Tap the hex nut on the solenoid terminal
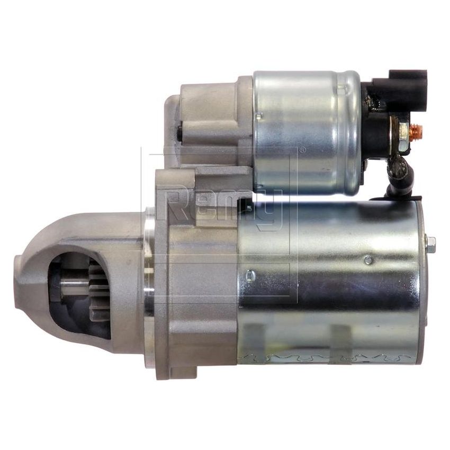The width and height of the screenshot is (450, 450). [x=404, y=130]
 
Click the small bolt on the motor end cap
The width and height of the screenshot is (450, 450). [x=430, y=244]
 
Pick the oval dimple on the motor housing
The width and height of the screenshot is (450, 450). [x=251, y=275]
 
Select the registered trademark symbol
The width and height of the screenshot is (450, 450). [x=302, y=150]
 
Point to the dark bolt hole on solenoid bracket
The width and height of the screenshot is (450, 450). [x=179, y=132]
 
